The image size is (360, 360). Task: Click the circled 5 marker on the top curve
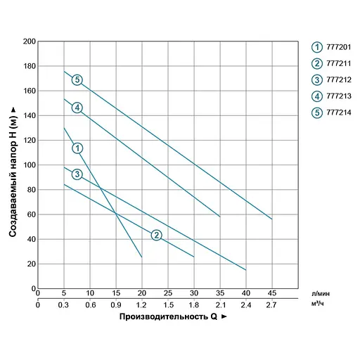click(x=77, y=79)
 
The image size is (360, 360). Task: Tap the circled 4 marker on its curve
click(x=77, y=108)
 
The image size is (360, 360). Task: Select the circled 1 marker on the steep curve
click(x=77, y=148)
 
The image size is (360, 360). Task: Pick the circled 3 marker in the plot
click(x=77, y=174)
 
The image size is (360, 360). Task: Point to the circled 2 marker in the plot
click(x=156, y=235)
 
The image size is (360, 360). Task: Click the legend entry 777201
click(x=334, y=47)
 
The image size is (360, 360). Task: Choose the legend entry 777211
click(x=334, y=63)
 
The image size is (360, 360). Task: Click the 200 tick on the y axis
click(x=29, y=41)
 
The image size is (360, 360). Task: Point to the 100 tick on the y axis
click(x=29, y=165)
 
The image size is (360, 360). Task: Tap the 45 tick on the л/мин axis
click(x=271, y=292)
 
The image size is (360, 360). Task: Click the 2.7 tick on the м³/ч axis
click(x=271, y=304)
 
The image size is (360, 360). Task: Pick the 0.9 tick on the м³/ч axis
click(x=115, y=304)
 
